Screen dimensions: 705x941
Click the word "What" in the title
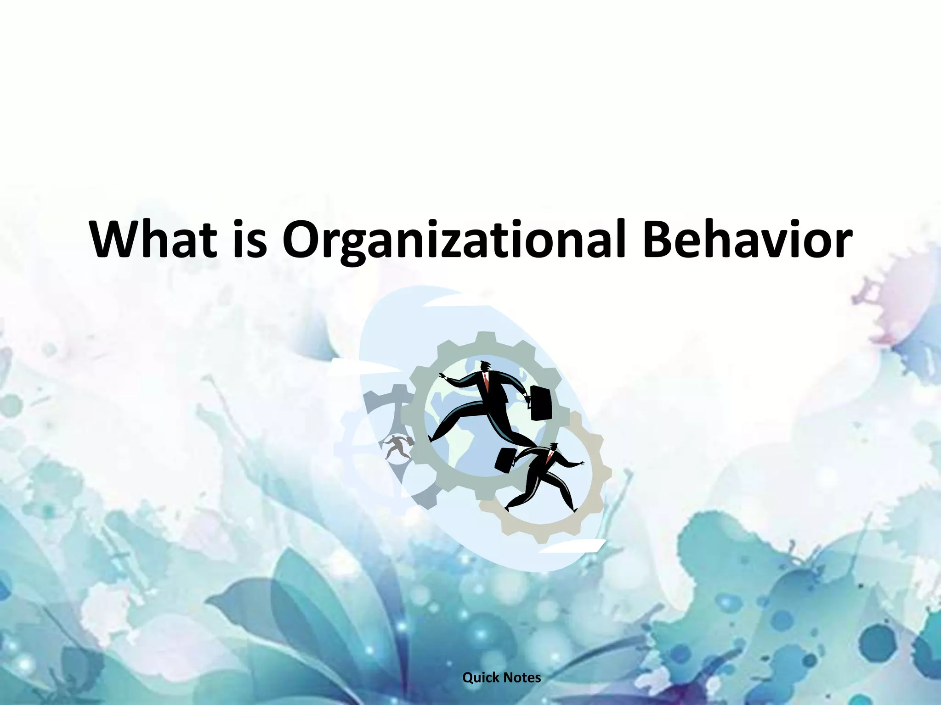(153, 240)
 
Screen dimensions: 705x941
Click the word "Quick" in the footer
(480, 677)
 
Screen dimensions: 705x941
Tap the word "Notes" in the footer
(522, 677)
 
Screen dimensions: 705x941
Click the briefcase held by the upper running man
(540, 403)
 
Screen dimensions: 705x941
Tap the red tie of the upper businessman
(486, 382)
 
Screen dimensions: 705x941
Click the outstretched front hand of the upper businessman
(442, 376)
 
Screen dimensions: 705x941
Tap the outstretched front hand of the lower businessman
(582, 464)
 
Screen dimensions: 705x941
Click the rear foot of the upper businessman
(431, 438)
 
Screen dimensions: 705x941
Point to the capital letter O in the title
(303, 240)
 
